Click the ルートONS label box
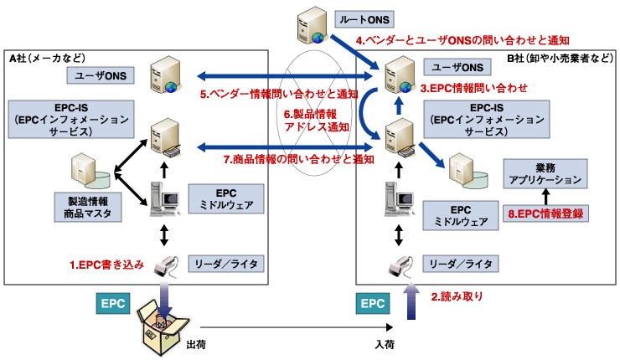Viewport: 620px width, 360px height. (x=362, y=18)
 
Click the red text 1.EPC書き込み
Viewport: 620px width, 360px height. (x=106, y=265)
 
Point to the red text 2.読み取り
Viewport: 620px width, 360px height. (x=457, y=296)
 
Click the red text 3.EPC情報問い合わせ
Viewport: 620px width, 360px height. (x=474, y=87)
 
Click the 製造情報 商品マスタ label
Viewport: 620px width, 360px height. (x=87, y=208)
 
